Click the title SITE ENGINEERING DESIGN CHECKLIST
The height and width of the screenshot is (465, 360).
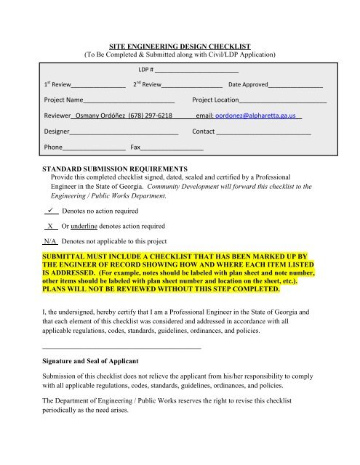click(180, 44)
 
